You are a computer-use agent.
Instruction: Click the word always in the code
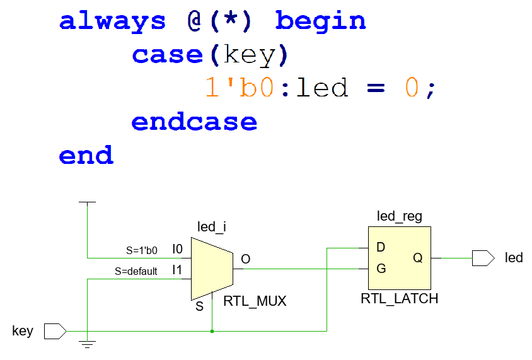[x=112, y=21]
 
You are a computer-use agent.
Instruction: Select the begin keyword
[x=320, y=21]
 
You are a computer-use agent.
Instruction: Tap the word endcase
[x=194, y=122]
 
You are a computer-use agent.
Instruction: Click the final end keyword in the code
[x=86, y=155]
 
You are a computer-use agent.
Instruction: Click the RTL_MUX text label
[x=255, y=301]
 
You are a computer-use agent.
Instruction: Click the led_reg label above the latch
[x=399, y=217]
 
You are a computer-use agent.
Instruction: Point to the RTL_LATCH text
[x=399, y=298]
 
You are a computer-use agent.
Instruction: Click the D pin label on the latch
[x=381, y=247]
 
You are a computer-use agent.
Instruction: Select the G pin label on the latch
[x=381, y=269]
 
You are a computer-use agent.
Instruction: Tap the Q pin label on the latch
[x=418, y=258]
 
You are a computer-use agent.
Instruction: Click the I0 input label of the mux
[x=177, y=250]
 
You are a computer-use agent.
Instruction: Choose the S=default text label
[x=136, y=272]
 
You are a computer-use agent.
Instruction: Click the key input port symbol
[x=55, y=331]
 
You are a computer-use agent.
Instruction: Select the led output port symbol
[x=483, y=258]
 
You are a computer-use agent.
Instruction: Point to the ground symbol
[x=88, y=344]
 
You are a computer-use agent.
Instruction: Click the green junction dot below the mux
[x=212, y=330]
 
